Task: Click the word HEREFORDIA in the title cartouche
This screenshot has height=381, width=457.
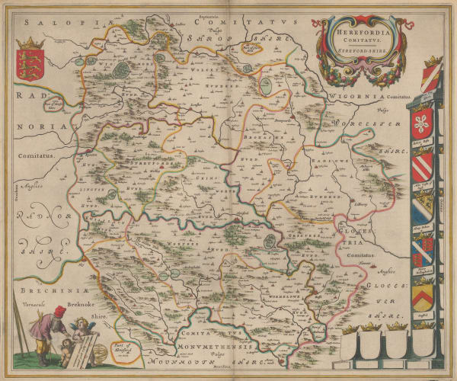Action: pos(351,33)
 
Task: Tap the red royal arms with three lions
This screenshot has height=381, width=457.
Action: pos(30,60)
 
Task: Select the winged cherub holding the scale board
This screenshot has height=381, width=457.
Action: pos(79,328)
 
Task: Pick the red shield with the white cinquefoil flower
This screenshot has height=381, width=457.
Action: pos(423,121)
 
